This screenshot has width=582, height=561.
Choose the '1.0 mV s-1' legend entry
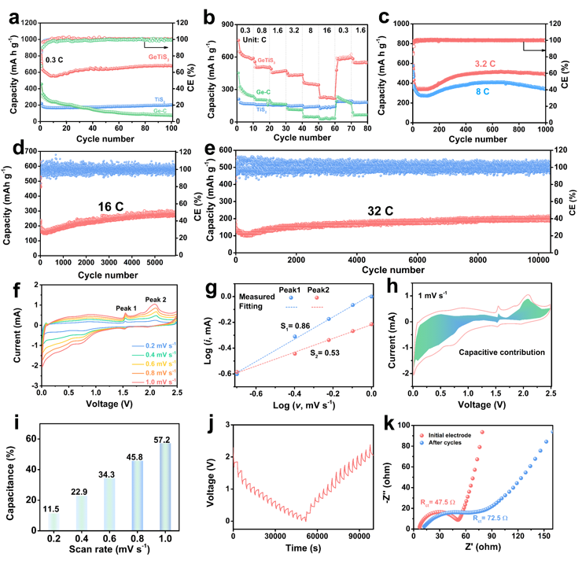tap(153, 380)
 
